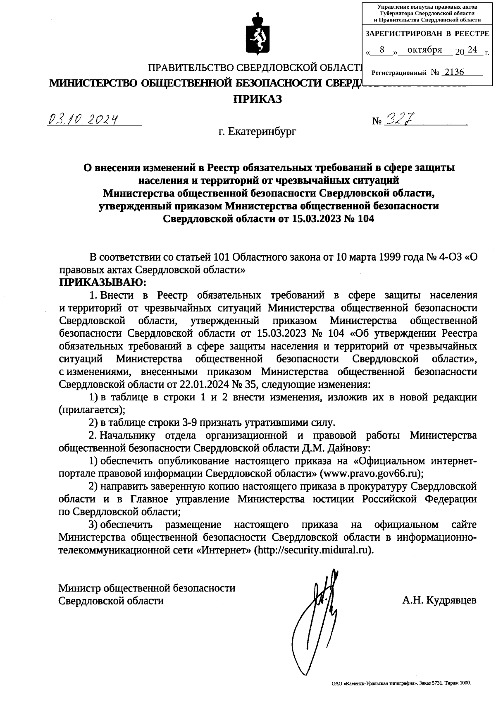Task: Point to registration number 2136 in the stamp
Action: tap(453, 72)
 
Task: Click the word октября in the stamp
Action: tap(424, 50)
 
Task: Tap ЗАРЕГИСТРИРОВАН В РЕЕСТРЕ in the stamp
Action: tap(427, 34)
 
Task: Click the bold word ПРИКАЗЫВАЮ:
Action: tap(103, 283)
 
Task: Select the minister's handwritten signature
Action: tap(318, 608)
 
